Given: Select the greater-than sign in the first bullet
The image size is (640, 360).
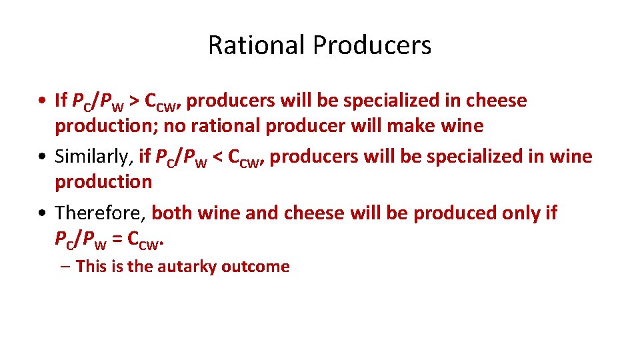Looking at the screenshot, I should tap(134, 101).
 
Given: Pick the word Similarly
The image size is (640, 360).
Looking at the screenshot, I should tap(93, 157).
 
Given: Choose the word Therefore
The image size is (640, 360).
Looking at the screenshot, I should tap(100, 213).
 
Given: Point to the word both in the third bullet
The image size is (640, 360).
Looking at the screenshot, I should tap(170, 213).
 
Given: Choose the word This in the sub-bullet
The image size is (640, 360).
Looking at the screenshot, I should tap(91, 267).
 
